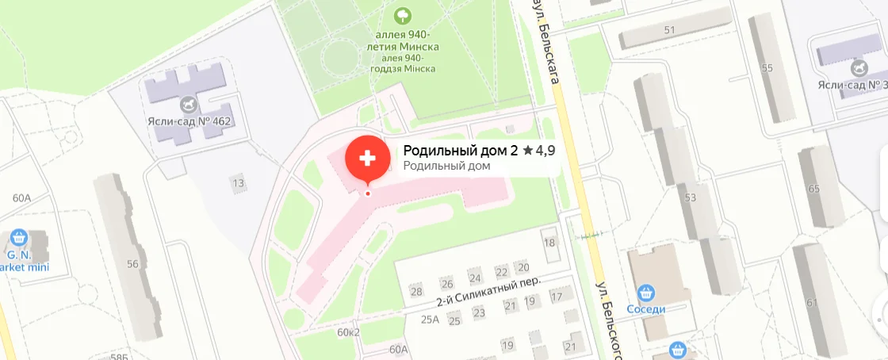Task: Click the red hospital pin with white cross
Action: pyautogui.click(x=367, y=159)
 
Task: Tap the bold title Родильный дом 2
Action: pyautogui.click(x=461, y=150)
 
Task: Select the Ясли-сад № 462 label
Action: pyautogui.click(x=188, y=121)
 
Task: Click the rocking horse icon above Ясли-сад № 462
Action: pyautogui.click(x=188, y=103)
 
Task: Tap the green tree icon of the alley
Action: pyautogui.click(x=403, y=15)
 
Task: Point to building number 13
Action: pyautogui.click(x=237, y=184)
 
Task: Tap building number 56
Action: pyautogui.click(x=132, y=263)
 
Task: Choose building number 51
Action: pyautogui.click(x=670, y=30)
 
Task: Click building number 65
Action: pyautogui.click(x=813, y=188)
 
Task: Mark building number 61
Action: pyautogui.click(x=811, y=302)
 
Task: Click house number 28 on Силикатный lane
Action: pyautogui.click(x=416, y=291)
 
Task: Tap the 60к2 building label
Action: pyautogui.click(x=349, y=331)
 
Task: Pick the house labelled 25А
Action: pyautogui.click(x=430, y=320)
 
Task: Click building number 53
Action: pyautogui.click(x=690, y=197)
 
